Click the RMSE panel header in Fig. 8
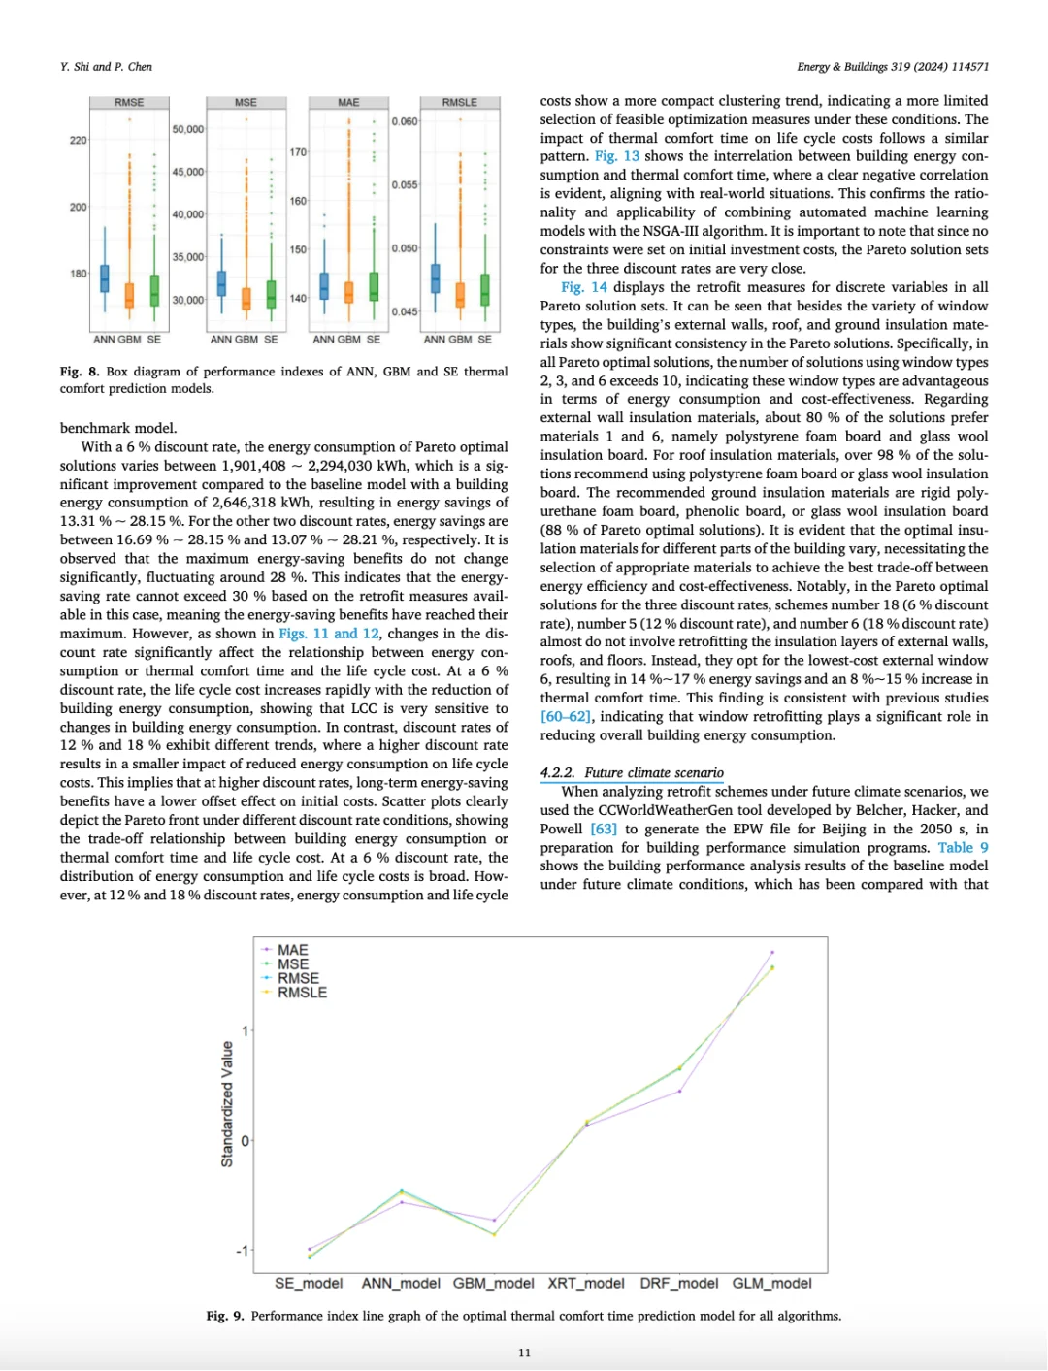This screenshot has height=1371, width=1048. click(x=129, y=102)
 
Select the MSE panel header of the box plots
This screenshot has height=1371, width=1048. click(x=246, y=102)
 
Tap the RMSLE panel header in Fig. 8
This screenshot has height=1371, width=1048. click(x=460, y=102)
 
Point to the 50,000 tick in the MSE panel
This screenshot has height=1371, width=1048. click(x=188, y=129)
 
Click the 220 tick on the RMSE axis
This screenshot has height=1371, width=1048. click(x=78, y=140)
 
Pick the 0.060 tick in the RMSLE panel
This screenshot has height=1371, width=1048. click(x=405, y=121)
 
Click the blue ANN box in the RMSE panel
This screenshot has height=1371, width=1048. click(x=105, y=277)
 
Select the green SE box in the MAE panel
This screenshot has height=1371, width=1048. click(x=374, y=286)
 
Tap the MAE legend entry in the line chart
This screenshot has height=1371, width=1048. click(x=292, y=950)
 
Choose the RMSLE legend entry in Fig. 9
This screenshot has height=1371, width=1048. click(x=302, y=992)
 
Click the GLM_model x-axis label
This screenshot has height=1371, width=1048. click(x=771, y=1283)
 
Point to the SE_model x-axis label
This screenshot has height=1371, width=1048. click(x=309, y=1283)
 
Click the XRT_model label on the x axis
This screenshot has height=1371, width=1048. click(x=586, y=1283)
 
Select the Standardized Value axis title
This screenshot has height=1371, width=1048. click(x=227, y=1104)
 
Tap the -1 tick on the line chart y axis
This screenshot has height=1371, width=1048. click(x=242, y=1251)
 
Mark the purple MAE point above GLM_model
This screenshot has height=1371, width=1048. click(x=772, y=952)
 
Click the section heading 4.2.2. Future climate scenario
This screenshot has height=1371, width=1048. click(x=632, y=772)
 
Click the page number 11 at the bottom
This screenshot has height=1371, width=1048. click(x=524, y=1353)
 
